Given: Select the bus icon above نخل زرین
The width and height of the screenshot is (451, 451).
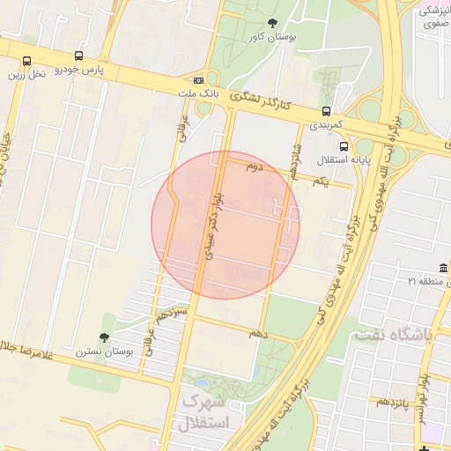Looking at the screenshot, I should click(x=26, y=62).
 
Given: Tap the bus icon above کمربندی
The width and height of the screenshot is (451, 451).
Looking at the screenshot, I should click(x=327, y=111).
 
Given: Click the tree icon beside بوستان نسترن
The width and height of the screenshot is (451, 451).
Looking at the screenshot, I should click(x=105, y=337).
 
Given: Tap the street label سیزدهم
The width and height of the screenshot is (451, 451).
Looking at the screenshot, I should click(x=174, y=314).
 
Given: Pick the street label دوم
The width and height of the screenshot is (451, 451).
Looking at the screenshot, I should click(x=255, y=166).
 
